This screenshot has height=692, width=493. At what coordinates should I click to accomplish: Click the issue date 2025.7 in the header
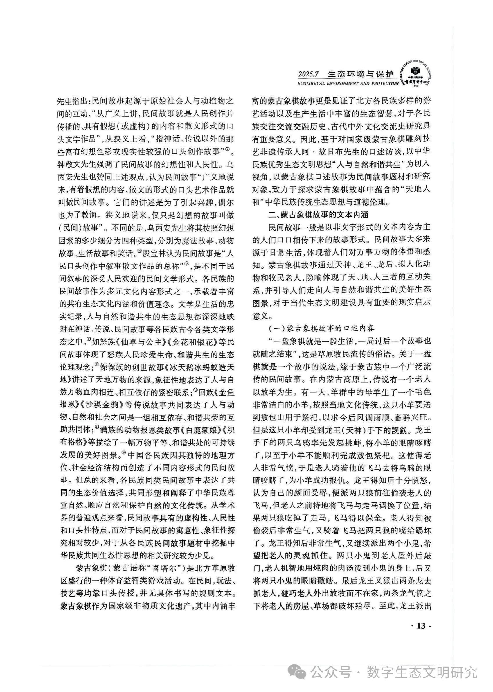tap(308, 74)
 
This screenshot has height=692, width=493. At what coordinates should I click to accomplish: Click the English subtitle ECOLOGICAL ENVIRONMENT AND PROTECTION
tap(348, 84)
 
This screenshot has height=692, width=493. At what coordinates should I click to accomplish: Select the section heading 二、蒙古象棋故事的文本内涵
tap(319, 215)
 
